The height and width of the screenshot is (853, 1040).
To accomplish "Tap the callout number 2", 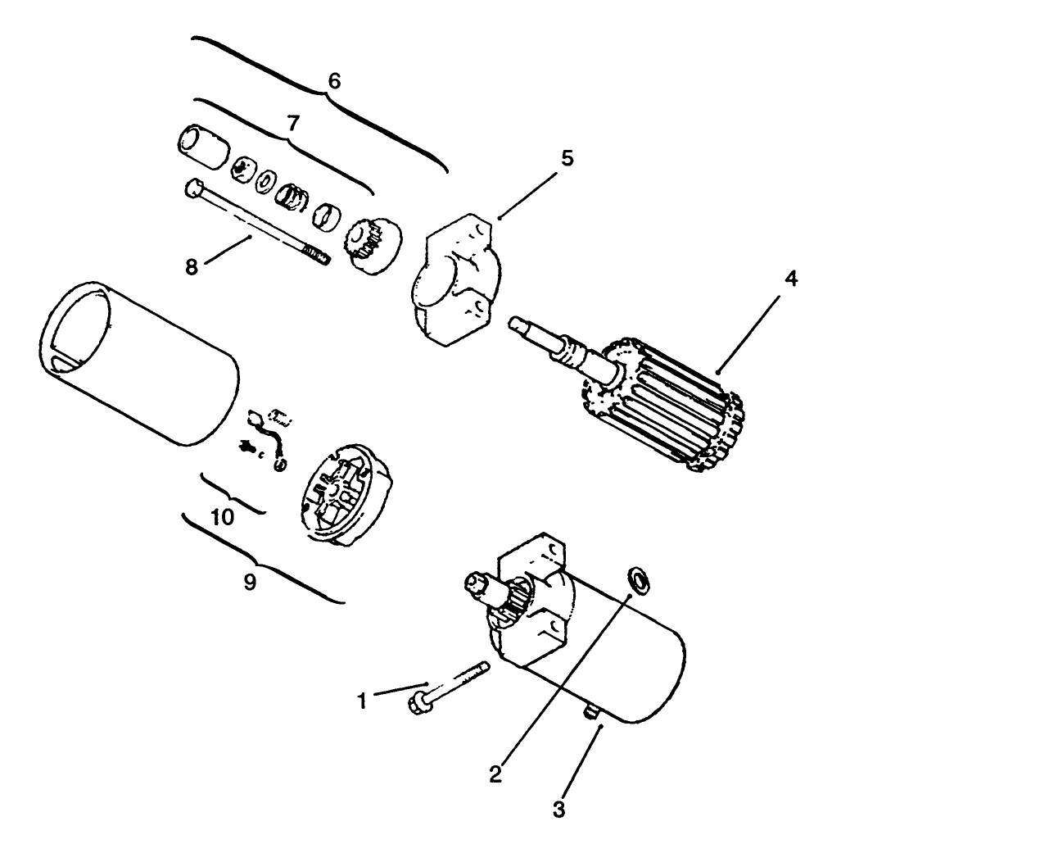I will (495, 773).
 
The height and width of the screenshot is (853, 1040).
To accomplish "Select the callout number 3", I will (558, 810).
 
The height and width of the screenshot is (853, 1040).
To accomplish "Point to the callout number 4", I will (789, 279).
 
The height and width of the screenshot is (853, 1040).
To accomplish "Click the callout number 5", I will (567, 157).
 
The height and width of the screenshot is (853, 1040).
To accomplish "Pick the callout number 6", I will (333, 81).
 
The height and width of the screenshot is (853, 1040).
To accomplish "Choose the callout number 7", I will (292, 123).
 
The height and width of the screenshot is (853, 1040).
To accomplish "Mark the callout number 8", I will (192, 267).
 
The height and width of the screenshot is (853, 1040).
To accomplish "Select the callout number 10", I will (222, 517).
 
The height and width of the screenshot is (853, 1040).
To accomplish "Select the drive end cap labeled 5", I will (454, 279).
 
